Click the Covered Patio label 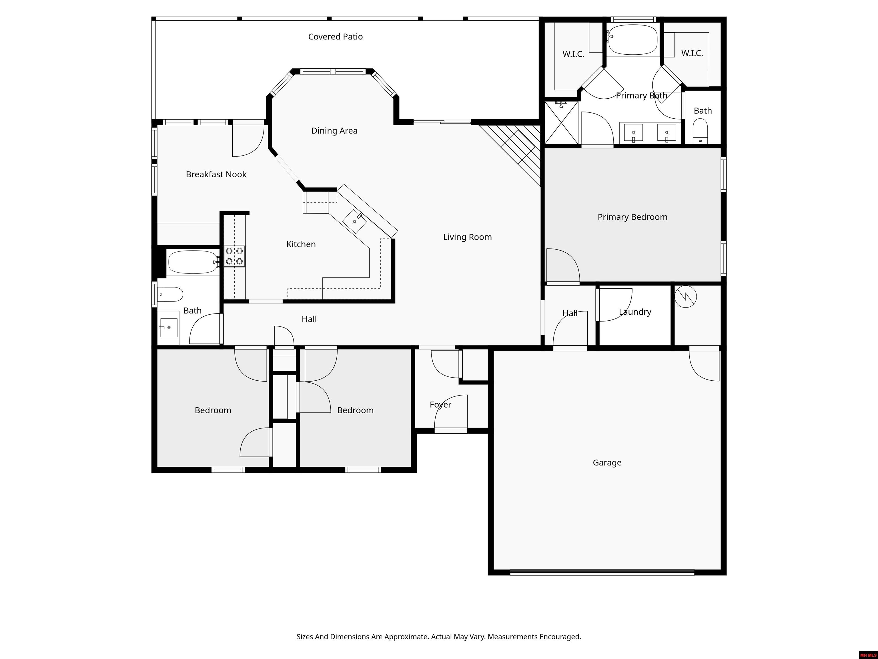coord(336,37)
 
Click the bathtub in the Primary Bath coord(633,40)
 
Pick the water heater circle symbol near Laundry coord(685,297)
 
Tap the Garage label coord(607,463)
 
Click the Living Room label coord(467,237)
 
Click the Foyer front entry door coord(450,430)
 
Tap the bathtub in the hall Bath coord(193,262)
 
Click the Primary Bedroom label coord(632,217)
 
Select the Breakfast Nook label coord(216,174)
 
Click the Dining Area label coord(334,131)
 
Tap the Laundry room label coord(635,312)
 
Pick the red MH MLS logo coord(868,655)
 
